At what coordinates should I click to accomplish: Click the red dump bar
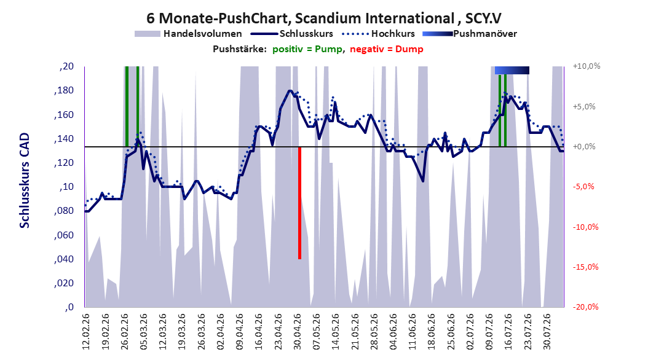pos(299,203)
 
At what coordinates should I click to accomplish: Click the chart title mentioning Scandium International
pos(324,18)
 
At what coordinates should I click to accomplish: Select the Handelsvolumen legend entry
pos(189,34)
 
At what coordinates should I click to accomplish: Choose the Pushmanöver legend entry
pos(470,34)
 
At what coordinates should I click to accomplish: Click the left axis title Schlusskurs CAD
pos(25,181)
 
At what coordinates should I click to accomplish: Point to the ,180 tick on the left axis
pos(64,90)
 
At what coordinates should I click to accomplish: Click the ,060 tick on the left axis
pos(64,235)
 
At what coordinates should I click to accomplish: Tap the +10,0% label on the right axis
pos(587,66)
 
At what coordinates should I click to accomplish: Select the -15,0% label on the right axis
pos(585,267)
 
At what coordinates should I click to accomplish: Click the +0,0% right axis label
pos(584,147)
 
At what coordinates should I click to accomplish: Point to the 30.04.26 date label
pos(297,332)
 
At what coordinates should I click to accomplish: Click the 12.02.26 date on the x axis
pos(86,332)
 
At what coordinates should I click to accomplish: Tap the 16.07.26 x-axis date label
pos(508,332)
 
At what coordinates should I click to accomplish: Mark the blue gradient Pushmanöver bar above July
pos(512,70)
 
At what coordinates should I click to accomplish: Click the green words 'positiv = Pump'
pos(307,49)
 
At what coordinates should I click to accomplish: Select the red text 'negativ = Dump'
pos(387,49)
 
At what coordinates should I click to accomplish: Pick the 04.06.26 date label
pos(393,332)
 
